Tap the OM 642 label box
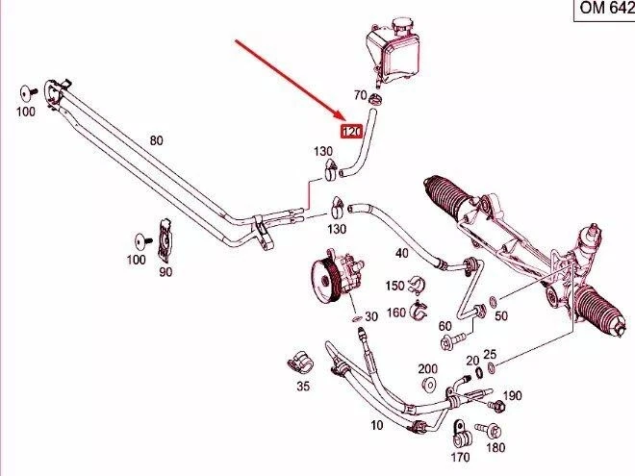[x=601, y=10]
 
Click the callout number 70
[x=360, y=96]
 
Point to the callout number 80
[x=156, y=141]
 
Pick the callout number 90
[x=165, y=272]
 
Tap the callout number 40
[x=402, y=254]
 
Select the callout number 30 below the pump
[x=371, y=317]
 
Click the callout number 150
[x=394, y=286]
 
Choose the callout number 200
[x=427, y=368]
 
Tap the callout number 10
[x=376, y=424]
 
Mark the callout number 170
[x=461, y=458]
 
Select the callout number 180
[x=495, y=448]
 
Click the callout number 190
[x=512, y=395]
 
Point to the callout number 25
[x=490, y=354]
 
